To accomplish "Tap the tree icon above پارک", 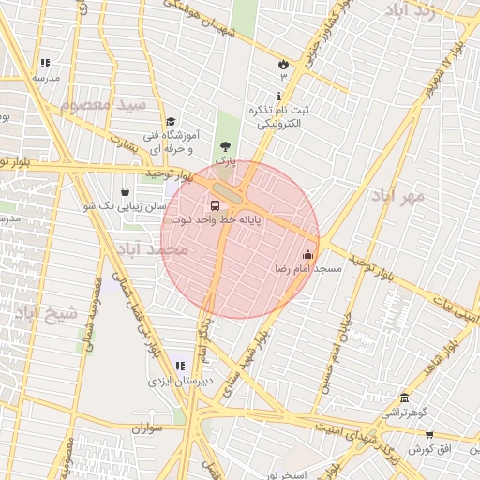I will [225, 146].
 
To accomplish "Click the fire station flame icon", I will [283, 63].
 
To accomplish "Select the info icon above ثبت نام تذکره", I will [278, 97].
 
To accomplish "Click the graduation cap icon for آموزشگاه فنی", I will [171, 122].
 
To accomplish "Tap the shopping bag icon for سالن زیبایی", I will [125, 191].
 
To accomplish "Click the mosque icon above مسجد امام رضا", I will [308, 254].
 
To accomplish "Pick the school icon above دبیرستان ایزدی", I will [180, 366].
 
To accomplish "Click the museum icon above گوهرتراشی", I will [404, 397].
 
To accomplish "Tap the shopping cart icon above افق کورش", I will [429, 434].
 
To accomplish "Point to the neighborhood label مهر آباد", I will [398, 195].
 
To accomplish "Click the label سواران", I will [148, 428].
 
